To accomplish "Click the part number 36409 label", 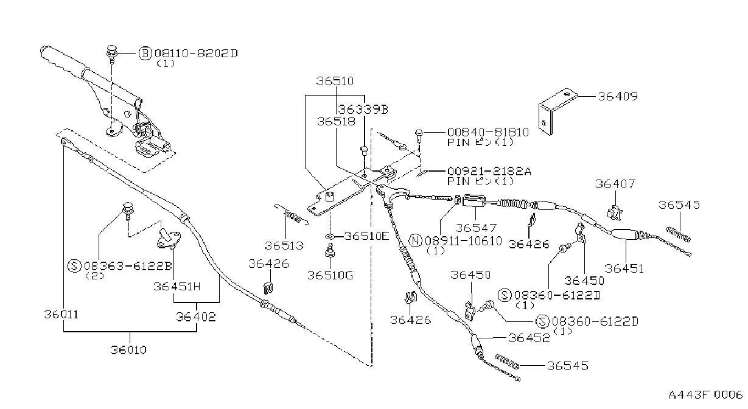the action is click(617, 96).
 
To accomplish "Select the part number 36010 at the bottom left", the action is click(128, 350).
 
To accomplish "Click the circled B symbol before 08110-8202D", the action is click(145, 54).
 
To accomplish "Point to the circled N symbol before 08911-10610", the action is click(416, 241).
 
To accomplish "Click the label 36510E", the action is click(366, 236).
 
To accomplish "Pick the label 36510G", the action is click(330, 276).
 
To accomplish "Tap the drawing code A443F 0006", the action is click(705, 395).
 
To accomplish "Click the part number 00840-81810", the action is click(488, 132).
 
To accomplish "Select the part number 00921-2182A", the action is click(489, 171).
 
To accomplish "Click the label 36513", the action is click(284, 246).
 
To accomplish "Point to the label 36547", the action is click(476, 228).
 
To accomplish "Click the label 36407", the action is click(615, 184).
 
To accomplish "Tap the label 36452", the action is click(529, 338).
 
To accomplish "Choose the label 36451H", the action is click(177, 287).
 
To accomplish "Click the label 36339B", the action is click(363, 109).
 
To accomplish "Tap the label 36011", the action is click(61, 315).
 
